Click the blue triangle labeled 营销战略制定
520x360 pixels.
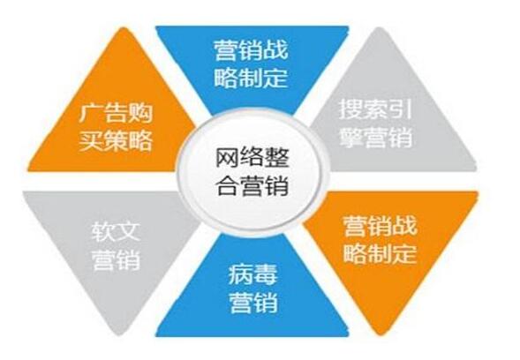coord(252,63)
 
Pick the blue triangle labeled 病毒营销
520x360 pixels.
coord(252,292)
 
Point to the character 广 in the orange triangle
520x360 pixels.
coord(91,114)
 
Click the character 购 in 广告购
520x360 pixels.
coord(140,114)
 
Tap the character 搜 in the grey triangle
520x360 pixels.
coord(350,109)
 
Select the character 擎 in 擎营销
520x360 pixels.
coord(350,137)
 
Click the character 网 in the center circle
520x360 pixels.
coord(228,157)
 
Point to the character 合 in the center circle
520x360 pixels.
coord(228,185)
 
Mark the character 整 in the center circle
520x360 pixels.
coord(277,157)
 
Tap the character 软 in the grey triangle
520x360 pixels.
coord(103,231)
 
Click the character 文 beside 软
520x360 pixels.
coord(128,231)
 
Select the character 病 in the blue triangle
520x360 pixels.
coord(240,274)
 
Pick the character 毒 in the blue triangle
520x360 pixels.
coord(265,274)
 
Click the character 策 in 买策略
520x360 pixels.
coord(116,141)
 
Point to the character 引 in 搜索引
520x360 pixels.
coord(400,109)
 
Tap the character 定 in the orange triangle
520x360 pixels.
coord(404,253)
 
